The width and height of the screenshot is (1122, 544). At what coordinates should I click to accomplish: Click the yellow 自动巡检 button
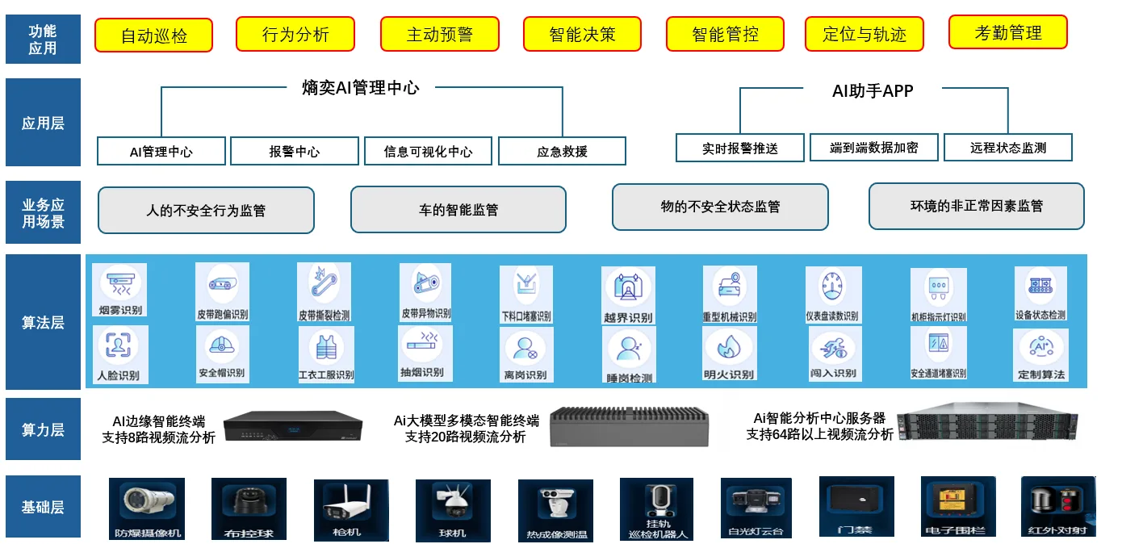(x=153, y=36)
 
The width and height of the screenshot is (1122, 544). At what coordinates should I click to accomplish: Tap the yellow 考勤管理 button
(x=1007, y=32)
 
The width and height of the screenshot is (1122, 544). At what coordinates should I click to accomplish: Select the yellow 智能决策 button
(x=582, y=34)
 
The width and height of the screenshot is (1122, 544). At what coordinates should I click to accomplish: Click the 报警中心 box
(x=294, y=151)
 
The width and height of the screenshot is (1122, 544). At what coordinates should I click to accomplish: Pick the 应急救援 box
(x=562, y=151)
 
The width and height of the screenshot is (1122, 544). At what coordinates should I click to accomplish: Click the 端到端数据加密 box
(x=873, y=148)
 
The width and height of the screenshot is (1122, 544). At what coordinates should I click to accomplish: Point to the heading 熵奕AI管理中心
(x=360, y=88)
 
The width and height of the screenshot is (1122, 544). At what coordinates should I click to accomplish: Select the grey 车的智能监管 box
(x=458, y=210)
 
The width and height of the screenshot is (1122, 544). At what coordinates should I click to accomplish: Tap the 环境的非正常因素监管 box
(x=976, y=206)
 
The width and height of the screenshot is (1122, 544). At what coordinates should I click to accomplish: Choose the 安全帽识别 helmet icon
(x=221, y=347)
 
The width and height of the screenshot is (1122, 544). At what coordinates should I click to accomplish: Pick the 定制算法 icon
(x=1040, y=349)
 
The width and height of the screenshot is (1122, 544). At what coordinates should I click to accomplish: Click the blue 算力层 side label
(x=43, y=429)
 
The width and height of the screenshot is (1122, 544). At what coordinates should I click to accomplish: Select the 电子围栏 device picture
(x=957, y=502)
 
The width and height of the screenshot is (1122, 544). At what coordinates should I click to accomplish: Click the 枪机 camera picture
(x=346, y=504)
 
